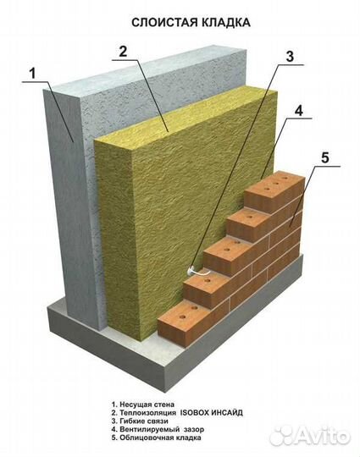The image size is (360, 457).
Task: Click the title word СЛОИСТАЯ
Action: coord(163,22)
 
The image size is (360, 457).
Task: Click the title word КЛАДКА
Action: coord(224,22)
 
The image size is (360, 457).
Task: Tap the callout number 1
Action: coord(33,73)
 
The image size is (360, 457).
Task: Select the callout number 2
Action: coord(123,52)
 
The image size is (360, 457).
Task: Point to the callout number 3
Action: coord(290,56)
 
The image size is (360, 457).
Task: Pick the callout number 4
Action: coord(299,111)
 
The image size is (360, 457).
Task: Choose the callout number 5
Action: coord(324,157)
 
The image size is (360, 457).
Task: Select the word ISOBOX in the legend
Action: coord(194,413)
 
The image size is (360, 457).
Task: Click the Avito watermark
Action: coord(310,437)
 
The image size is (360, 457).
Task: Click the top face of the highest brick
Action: coord(274,182)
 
